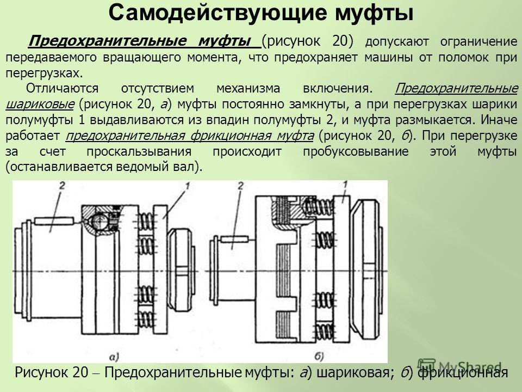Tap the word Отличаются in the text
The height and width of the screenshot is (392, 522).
pos(62,88)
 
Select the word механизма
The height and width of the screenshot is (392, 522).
pos(248,89)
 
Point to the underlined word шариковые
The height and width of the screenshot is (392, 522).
pos(40,105)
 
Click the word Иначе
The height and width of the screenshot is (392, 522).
pos(499,120)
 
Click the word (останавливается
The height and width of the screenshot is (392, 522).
pos(54,167)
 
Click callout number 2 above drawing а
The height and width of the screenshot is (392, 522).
pos(61,186)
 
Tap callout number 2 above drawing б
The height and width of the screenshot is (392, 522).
pos(241,186)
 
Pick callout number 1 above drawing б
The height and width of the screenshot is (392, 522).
pos(345,185)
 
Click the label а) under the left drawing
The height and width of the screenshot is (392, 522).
pos(114,357)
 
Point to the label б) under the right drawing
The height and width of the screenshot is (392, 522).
pos(319,357)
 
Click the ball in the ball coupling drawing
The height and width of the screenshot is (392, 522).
pos(99,220)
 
